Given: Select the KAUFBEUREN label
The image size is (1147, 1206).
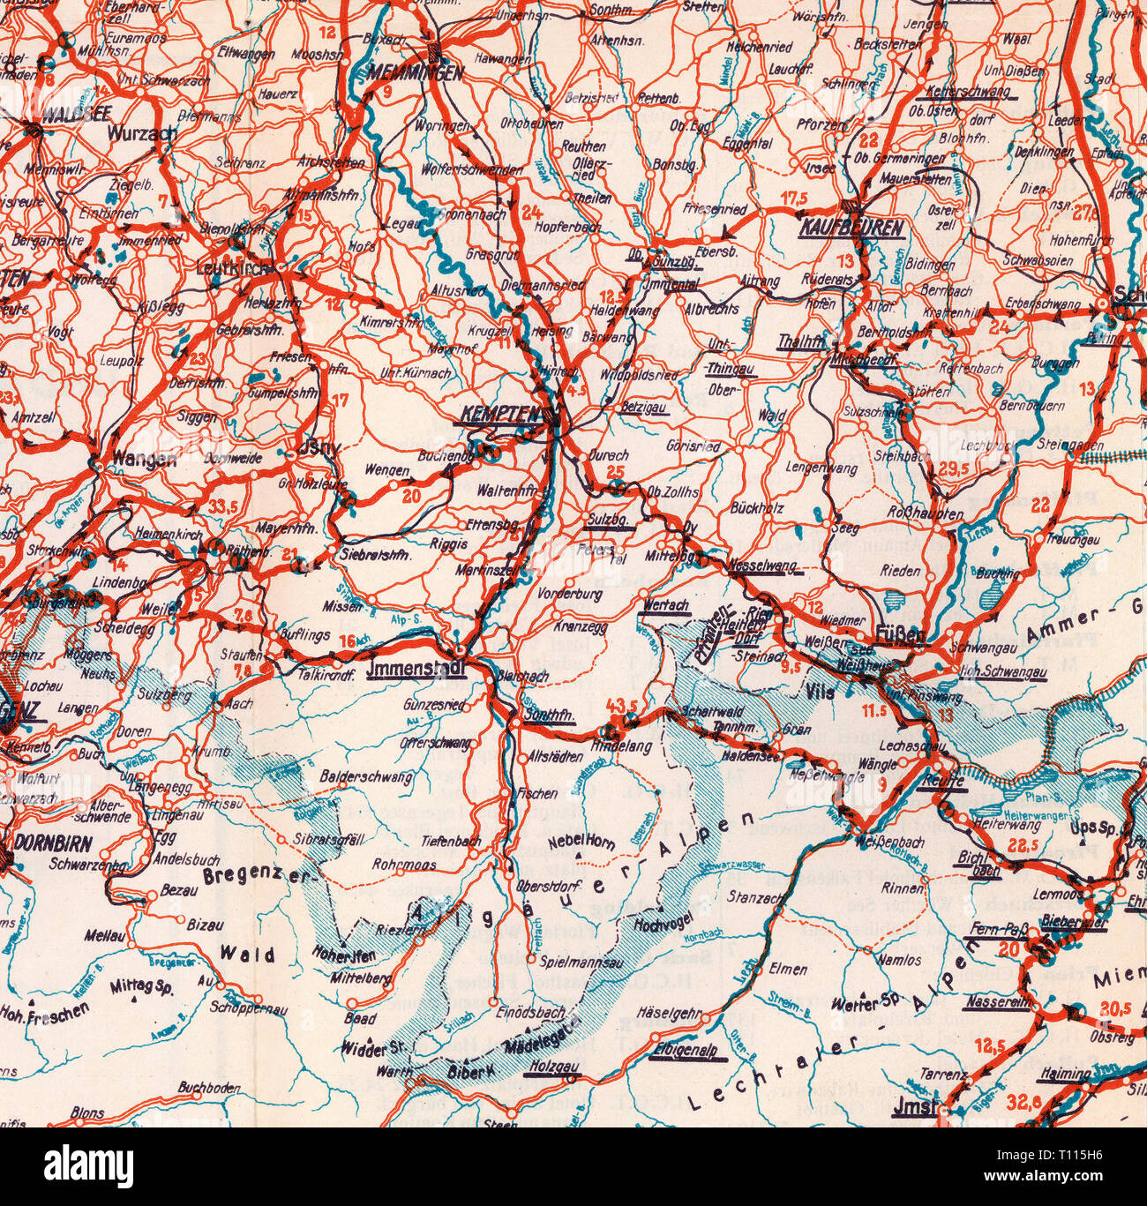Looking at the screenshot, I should point(851,228).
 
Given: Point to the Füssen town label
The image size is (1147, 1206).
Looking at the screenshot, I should point(902,633).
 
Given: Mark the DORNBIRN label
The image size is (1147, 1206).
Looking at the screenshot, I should point(54,843).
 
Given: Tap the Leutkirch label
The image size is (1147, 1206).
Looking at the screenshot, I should point(234,266).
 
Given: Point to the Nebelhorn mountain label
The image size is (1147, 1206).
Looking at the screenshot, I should point(581,842).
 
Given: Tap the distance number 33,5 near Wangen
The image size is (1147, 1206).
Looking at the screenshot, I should point(225,506).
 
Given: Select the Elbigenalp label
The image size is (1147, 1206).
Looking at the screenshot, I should point(686,1052).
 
